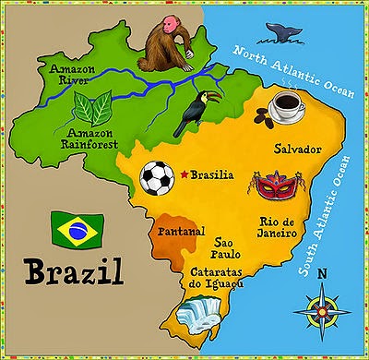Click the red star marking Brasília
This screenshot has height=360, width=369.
coord(184,174)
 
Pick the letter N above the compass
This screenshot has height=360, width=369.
coord(322,273)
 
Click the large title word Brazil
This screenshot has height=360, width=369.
coord(71,273)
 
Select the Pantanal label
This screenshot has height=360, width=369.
coord(181,233)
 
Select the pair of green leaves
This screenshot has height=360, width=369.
coord(94,111)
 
